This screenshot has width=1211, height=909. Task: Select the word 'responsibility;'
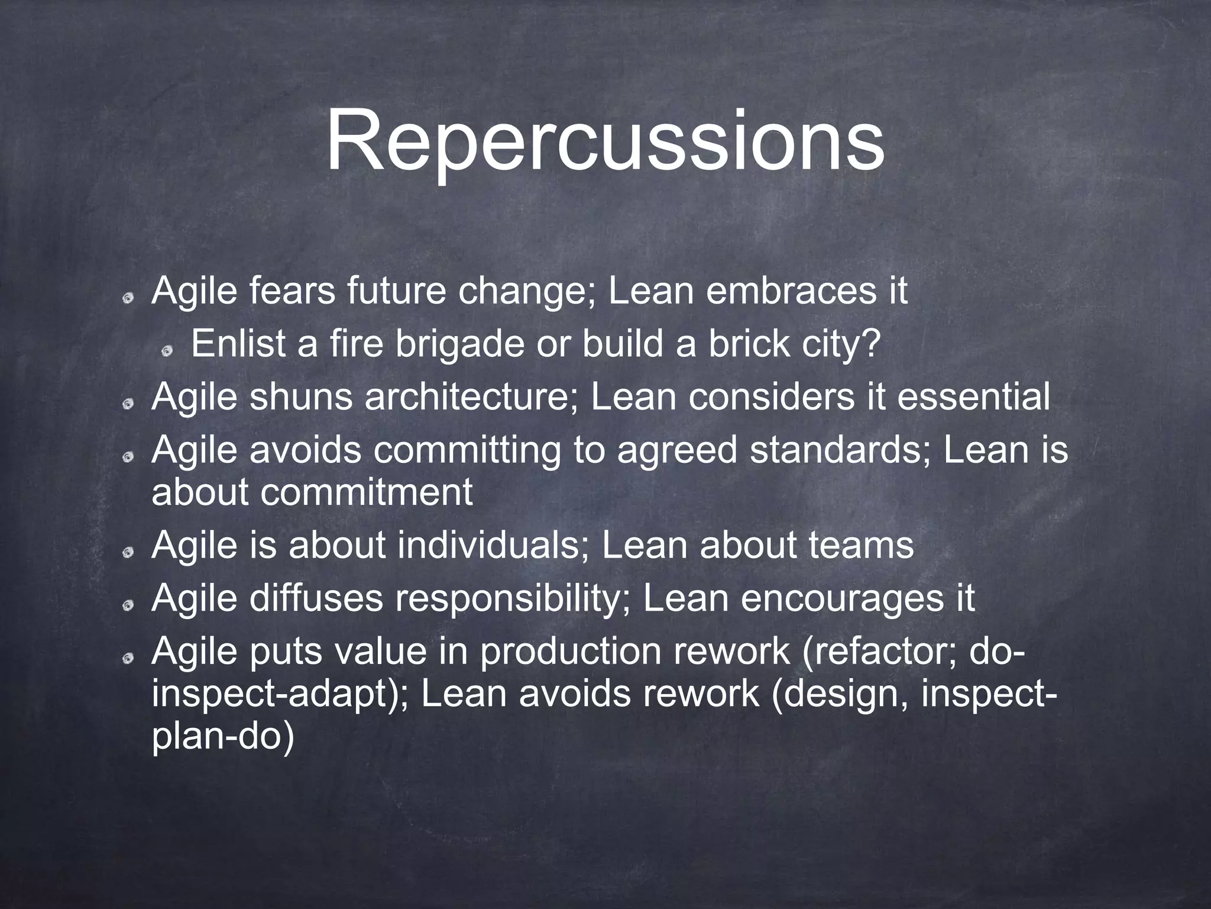point(512,598)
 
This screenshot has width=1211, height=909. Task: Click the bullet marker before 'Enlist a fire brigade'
point(168,352)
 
